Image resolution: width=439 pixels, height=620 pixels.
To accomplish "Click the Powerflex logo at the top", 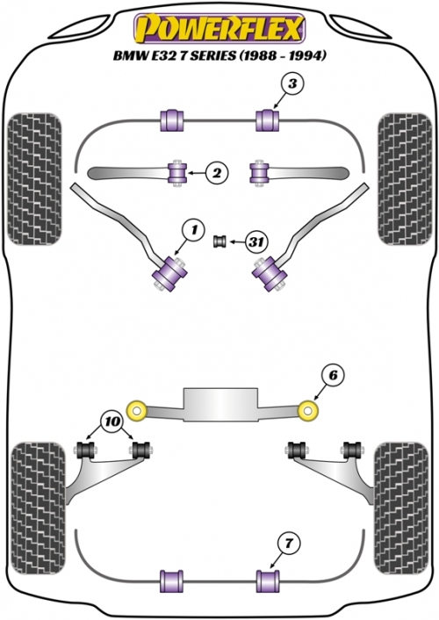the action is click(x=219, y=28).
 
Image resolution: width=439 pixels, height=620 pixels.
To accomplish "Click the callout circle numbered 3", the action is click(x=292, y=83).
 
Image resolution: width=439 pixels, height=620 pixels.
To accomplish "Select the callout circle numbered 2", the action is click(x=217, y=173).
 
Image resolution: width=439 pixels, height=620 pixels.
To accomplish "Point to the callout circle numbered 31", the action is click(x=256, y=241).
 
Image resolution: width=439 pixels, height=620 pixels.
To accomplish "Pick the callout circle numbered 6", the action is click(x=333, y=375).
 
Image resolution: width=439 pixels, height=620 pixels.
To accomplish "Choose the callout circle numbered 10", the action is click(x=112, y=422).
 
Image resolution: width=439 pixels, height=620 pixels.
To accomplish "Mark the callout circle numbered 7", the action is click(x=289, y=544).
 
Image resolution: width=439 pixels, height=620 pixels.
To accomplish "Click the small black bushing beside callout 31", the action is click(x=219, y=241).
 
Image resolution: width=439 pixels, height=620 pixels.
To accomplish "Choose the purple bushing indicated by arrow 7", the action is click(x=268, y=581).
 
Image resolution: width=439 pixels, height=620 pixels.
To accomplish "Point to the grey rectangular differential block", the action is click(x=220, y=404).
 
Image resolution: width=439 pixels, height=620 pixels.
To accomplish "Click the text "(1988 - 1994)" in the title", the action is click(x=283, y=55).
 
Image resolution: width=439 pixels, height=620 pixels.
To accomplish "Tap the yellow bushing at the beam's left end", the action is click(x=137, y=410).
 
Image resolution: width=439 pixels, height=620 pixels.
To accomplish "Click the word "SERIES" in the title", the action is click(x=213, y=55).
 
